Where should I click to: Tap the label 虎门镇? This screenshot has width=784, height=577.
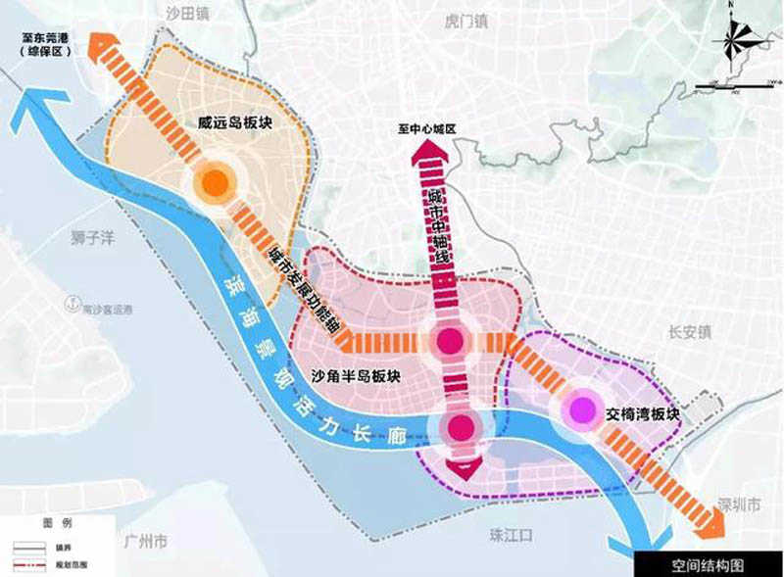point(444,20)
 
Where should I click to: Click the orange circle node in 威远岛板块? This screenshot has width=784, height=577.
point(215,182)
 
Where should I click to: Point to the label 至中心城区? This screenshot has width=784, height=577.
point(427,128)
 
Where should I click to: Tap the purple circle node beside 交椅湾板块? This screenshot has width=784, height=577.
point(585,409)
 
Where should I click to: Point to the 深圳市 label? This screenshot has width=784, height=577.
point(739,506)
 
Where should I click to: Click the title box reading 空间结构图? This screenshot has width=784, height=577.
point(708,565)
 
